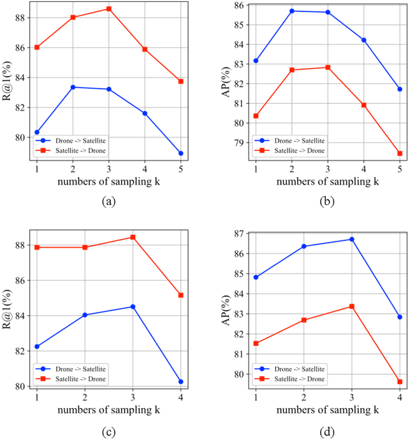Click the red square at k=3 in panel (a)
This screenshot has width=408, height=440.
coord(108,9)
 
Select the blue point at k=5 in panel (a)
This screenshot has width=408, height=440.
coord(181,153)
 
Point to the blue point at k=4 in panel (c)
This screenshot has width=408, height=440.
coord(181,381)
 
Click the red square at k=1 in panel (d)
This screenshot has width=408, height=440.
coord(256,343)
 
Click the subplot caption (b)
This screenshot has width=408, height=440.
coord(328,202)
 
